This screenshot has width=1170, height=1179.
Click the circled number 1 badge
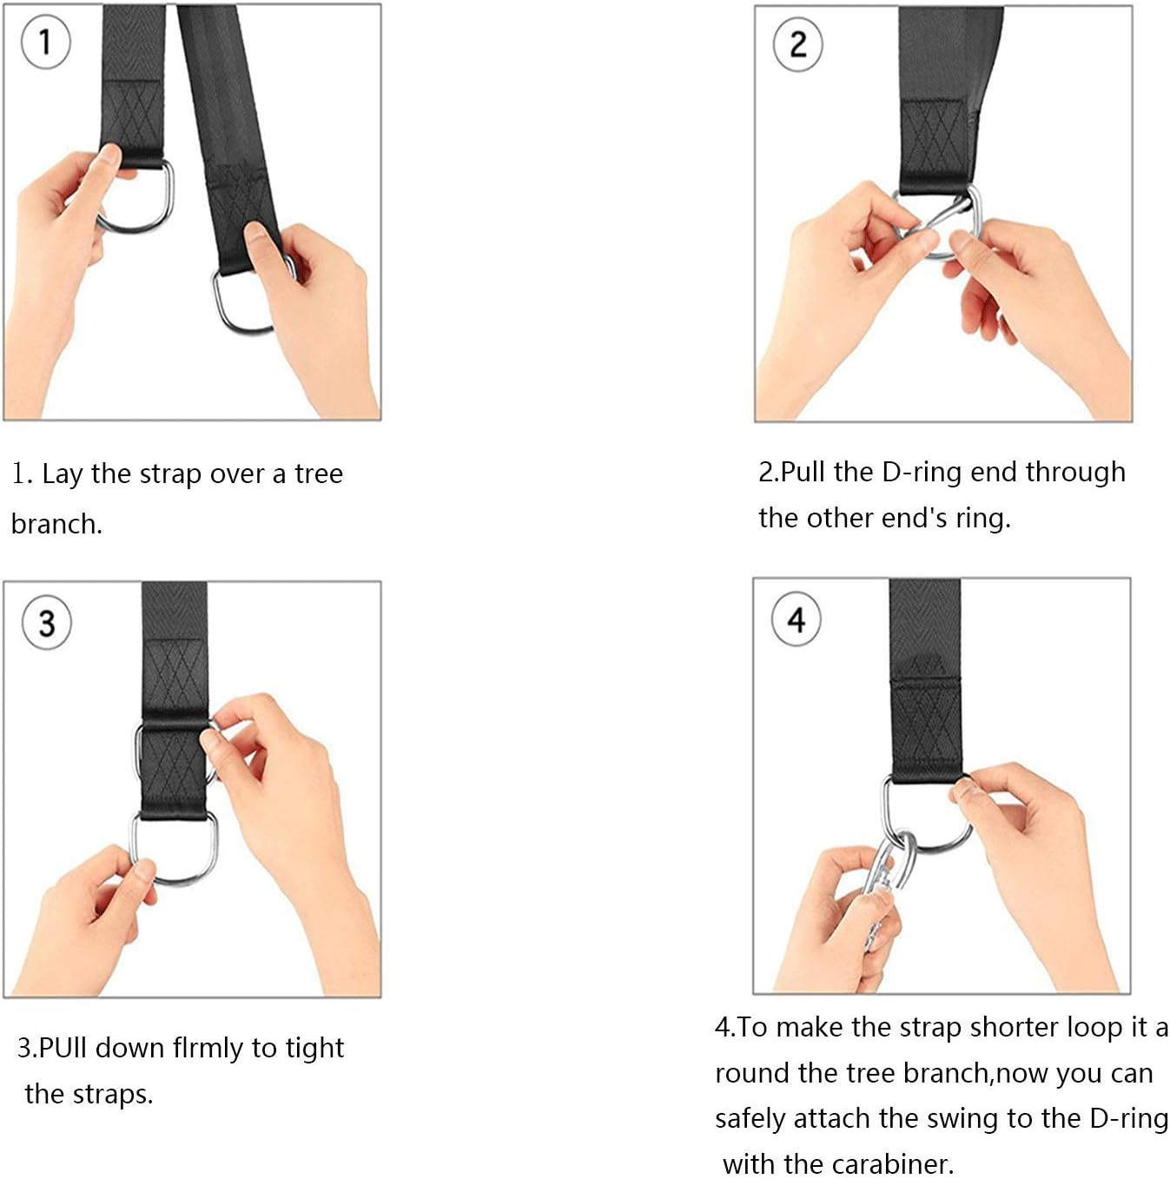coord(45,43)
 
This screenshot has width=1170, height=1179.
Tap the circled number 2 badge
coord(797,44)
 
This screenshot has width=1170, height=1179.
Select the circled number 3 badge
coord(47,623)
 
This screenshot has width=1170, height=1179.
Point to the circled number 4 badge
coord(796,619)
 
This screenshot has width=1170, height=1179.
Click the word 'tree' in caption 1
coord(319,474)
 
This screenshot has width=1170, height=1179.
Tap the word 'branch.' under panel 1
coord(57,525)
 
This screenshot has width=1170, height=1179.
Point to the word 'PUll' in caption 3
coord(63,1048)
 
